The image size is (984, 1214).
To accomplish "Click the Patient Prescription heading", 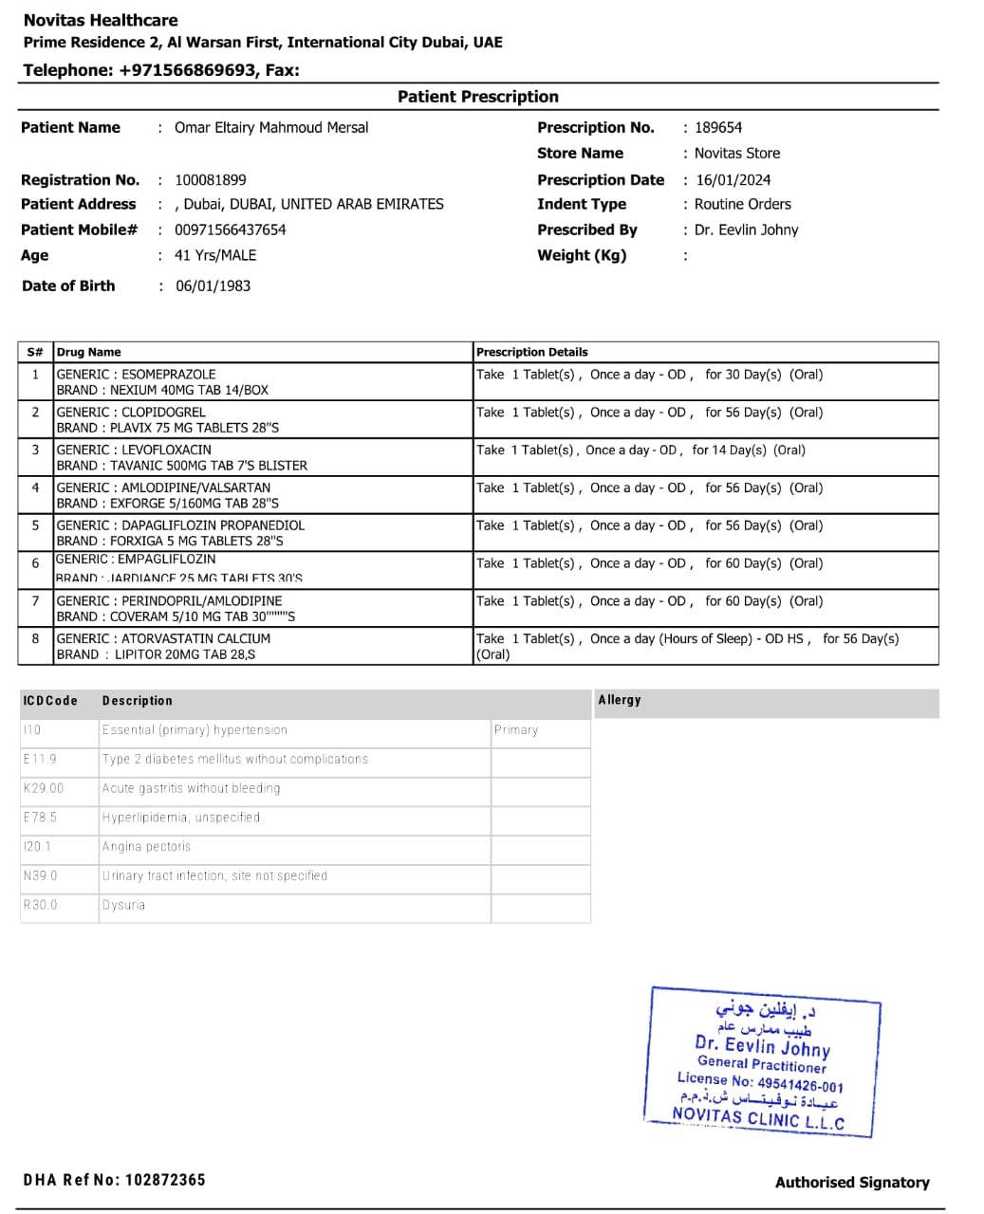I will (x=477, y=97).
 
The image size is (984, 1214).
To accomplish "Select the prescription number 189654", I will (x=718, y=128).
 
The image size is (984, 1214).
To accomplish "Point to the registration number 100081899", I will (x=211, y=180).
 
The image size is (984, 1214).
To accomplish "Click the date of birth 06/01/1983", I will (x=214, y=286).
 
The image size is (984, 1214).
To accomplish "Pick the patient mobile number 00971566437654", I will (x=231, y=230).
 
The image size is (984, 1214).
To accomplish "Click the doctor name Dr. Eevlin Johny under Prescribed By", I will (x=746, y=230).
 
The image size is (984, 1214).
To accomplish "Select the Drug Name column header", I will (x=89, y=352).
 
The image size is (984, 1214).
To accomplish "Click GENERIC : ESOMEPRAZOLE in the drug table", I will (x=136, y=375).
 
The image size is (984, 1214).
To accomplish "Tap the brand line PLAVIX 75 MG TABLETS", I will (x=167, y=428).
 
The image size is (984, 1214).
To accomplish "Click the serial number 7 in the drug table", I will (x=35, y=601).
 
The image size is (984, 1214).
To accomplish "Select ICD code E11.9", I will (x=40, y=760).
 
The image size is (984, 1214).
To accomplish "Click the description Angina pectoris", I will (x=146, y=847).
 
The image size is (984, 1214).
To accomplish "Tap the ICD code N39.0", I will (x=40, y=876).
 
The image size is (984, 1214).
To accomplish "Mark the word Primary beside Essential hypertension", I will (x=516, y=730).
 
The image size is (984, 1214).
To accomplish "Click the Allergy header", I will (x=620, y=700).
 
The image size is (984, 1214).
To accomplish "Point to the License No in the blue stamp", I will (x=759, y=1082).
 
